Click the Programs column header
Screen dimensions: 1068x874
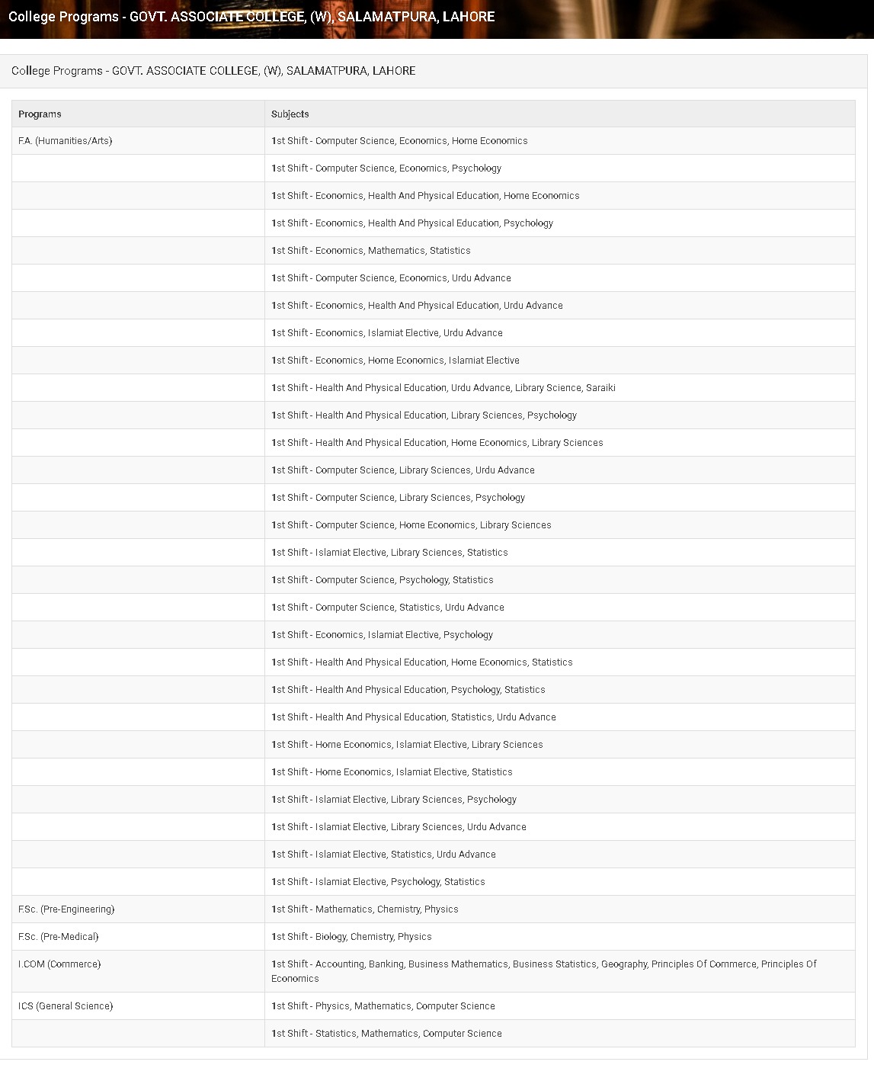tap(40, 114)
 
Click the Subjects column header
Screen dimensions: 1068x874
tap(290, 114)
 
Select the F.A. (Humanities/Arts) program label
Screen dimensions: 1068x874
tap(66, 141)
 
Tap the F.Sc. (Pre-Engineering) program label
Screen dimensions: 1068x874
tap(66, 909)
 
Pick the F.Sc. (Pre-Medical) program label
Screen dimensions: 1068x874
tap(59, 937)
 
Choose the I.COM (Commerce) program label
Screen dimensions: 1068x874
tap(59, 964)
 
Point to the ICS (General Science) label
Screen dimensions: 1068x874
tap(66, 1006)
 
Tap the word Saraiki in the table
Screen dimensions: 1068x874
tap(600, 388)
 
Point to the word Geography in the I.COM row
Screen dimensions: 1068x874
tap(623, 964)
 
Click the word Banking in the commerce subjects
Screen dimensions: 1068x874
tap(386, 964)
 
